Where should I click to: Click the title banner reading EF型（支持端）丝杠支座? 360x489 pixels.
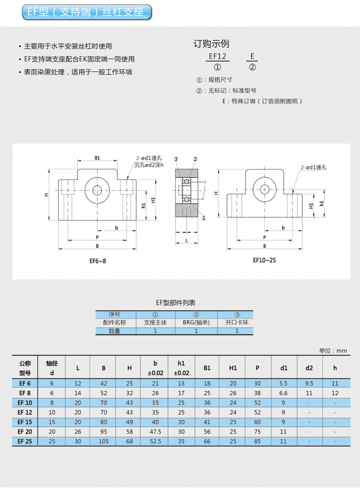click(87, 12)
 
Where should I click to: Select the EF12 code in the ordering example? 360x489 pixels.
click(217, 56)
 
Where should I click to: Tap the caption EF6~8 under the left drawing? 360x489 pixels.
click(98, 261)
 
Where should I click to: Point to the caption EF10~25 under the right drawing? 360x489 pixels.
click(264, 260)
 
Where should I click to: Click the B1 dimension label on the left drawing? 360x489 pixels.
click(97, 158)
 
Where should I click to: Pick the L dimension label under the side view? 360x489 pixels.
click(187, 240)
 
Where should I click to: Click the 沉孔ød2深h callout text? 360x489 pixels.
click(149, 165)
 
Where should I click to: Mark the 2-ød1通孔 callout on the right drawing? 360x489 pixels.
click(314, 168)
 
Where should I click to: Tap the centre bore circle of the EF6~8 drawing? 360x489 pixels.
click(97, 190)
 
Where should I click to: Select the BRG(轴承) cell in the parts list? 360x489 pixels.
click(196, 322)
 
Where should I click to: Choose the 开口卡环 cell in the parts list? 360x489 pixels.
click(237, 322)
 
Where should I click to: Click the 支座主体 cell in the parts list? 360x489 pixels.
click(155, 322)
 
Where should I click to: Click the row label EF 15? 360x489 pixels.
click(24, 422)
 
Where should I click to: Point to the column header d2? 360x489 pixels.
click(309, 368)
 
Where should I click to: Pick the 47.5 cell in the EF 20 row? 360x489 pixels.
click(155, 432)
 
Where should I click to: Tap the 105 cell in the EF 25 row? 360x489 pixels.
click(104, 441)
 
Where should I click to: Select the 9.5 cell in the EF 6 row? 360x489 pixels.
click(309, 383)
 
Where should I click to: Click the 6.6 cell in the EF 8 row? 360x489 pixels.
click(283, 393)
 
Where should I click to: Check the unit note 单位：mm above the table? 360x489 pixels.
click(333, 351)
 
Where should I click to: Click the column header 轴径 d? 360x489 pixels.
click(52, 368)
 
